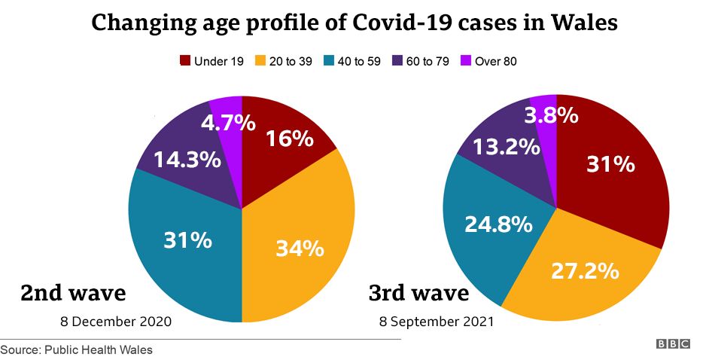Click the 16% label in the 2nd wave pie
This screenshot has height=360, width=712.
click(288, 139)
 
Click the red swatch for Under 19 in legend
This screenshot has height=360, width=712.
click(184, 61)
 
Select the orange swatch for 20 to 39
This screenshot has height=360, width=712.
click(260, 61)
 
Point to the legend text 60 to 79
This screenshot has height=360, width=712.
click(428, 61)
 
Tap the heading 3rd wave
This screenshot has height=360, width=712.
click(418, 292)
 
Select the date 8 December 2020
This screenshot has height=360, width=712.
click(116, 322)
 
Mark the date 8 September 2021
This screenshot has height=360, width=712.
click(437, 322)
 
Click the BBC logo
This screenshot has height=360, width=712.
click(673, 344)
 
